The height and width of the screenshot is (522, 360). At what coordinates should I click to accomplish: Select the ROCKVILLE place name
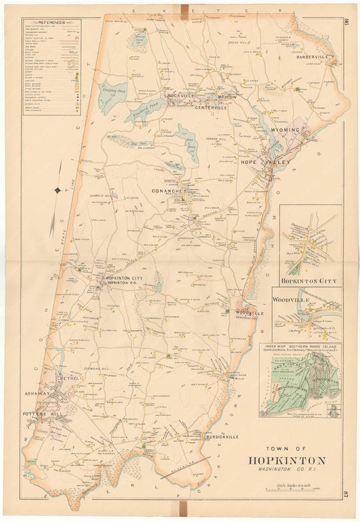tap(181, 95)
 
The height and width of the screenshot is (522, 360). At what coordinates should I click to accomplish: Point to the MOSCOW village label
tap(224, 97)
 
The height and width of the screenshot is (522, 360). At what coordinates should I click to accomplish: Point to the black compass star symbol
tap(58, 191)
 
